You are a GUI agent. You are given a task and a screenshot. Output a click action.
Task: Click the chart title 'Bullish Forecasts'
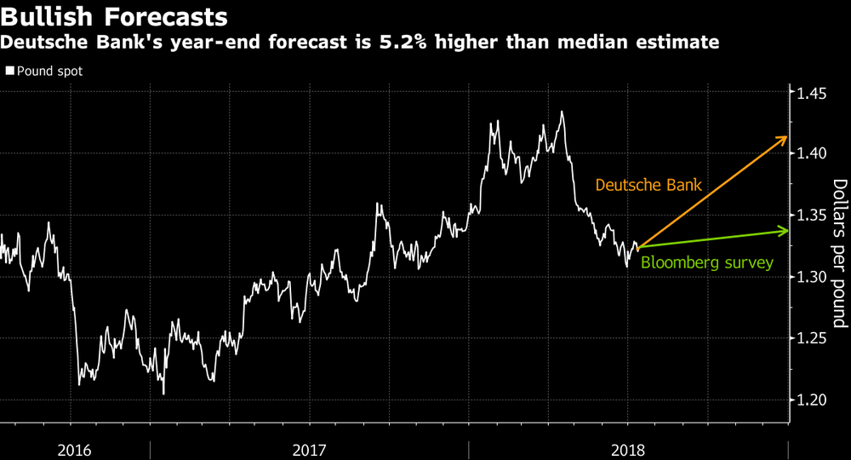tap(114, 16)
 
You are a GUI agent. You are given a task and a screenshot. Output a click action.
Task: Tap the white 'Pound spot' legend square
tap(9, 71)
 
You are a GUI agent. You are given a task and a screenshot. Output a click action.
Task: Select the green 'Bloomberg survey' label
tap(706, 263)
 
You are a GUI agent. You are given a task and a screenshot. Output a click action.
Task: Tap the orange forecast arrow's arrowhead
tap(782, 138)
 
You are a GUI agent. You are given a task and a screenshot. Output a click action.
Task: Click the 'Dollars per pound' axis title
tap(839, 253)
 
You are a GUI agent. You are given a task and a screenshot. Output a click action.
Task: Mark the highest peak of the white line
tap(562, 112)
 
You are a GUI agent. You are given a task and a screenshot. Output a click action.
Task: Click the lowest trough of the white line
tap(163, 394)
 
